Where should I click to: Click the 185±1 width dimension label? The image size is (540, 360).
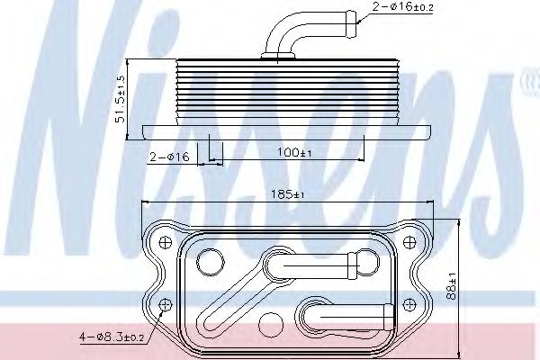288,194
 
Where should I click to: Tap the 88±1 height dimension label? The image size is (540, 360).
451,286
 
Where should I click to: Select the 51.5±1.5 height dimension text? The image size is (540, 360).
121,99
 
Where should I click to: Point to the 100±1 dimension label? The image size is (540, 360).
294,152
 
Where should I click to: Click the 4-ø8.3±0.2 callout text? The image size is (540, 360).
112,337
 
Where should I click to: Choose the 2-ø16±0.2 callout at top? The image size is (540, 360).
402,6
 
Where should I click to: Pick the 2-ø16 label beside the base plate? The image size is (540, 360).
169,157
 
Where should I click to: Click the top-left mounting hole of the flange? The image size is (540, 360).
166,242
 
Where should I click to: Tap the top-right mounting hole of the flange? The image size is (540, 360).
409,242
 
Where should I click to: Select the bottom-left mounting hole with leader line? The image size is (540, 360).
166,304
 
